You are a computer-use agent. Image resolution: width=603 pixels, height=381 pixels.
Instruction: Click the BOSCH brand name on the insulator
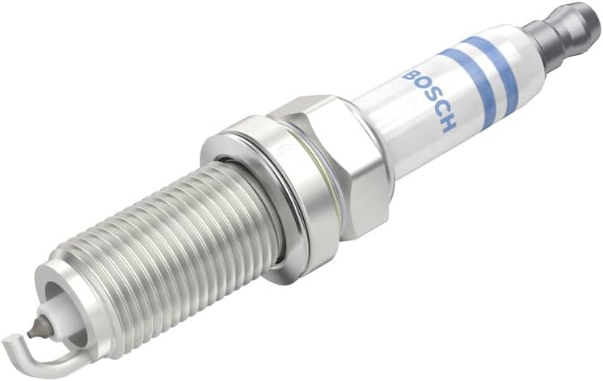pos(428,99)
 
